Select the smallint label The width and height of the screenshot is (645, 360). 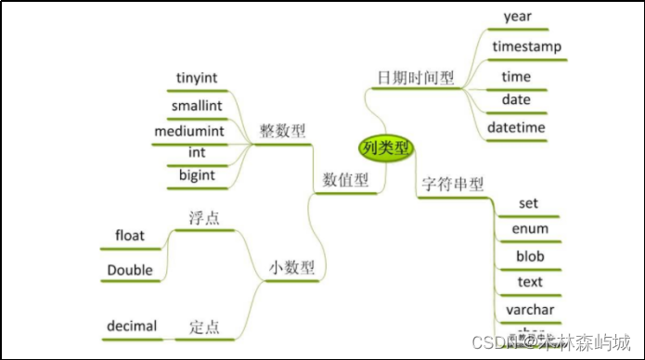tap(196, 106)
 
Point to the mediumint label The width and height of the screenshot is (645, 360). tap(196, 130)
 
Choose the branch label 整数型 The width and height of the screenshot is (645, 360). tap(282, 132)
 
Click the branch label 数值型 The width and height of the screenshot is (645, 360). tap(346, 178)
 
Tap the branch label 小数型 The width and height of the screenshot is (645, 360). tap(291, 268)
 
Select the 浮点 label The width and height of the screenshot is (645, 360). tap(202, 219)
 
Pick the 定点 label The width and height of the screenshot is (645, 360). tap(205, 326)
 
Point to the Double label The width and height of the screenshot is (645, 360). tap(130, 270)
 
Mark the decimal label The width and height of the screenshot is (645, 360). tap(132, 326)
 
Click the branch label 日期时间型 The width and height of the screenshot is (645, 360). tap(416, 77)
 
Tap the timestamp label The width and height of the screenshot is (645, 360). tap(526, 45)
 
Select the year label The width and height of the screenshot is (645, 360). tap(517, 16)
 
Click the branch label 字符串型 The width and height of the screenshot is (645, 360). tap(453, 184)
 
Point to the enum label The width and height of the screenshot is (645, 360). tap(530, 228)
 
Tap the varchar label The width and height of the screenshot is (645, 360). tap(530, 308)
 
